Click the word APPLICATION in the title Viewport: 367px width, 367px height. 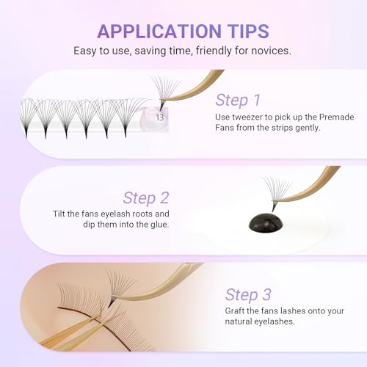[x=159, y=32]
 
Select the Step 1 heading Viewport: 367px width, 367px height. [x=238, y=100]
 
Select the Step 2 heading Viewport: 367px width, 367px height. [x=146, y=198]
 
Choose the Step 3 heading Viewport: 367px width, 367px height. [x=248, y=294]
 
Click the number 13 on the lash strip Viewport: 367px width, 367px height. [x=160, y=117]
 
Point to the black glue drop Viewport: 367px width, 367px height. [x=266, y=222]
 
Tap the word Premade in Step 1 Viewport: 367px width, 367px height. [x=337, y=117]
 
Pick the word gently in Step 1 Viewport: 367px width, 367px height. [x=308, y=128]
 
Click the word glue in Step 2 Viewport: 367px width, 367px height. [x=159, y=225]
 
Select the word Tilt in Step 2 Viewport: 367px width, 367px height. [x=59, y=214]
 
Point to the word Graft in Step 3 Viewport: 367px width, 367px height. [x=235, y=310]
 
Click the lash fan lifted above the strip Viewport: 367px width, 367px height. [x=164, y=90]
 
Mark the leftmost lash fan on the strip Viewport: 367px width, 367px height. [x=26, y=117]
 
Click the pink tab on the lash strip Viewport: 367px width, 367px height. [x=155, y=120]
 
